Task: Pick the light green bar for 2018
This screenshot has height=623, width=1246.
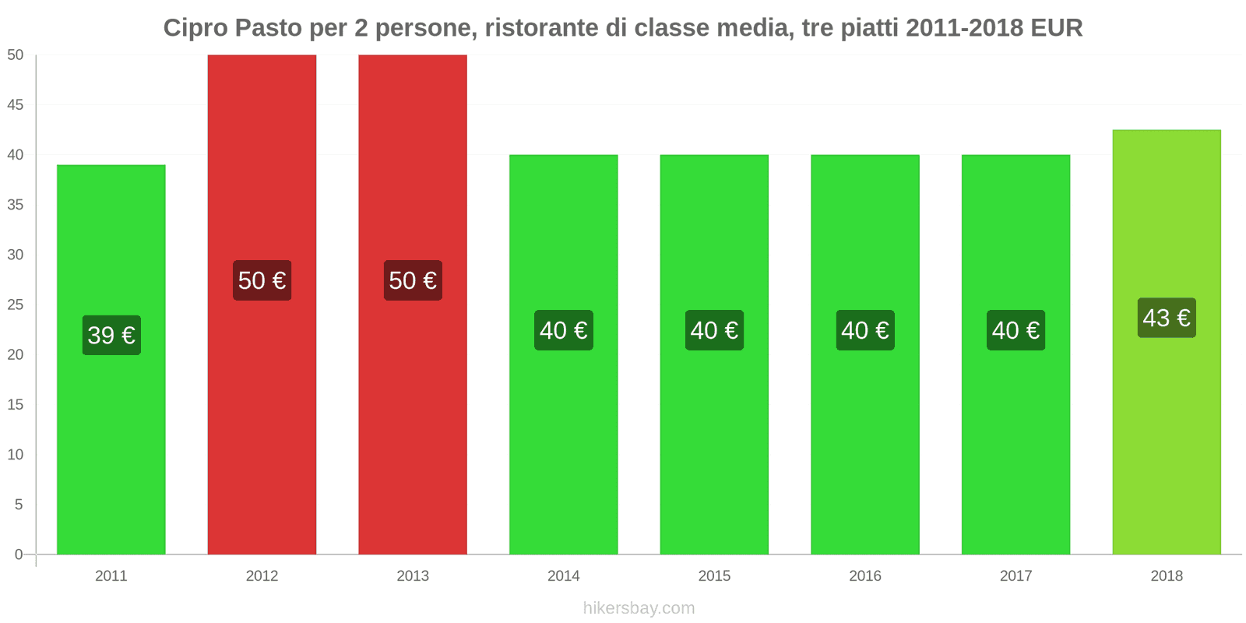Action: coord(1167,436)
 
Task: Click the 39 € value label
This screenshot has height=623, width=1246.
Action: coord(111,335)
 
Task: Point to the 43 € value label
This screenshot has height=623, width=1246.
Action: coord(1167,318)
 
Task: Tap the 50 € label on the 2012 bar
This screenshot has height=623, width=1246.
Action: coord(262,280)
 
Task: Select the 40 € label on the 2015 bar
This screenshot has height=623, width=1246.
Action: coord(714,330)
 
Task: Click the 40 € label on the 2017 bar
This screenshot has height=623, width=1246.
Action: coord(1015,330)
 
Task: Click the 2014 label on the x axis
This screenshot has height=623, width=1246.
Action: coord(563,576)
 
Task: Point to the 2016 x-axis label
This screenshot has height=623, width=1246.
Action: coord(865,576)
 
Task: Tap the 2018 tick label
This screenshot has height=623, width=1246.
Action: coord(1167,576)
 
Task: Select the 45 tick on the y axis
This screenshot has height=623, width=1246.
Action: coord(16,105)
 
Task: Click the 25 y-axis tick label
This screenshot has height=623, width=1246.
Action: coord(16,304)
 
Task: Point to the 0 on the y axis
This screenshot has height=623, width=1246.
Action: coord(19,554)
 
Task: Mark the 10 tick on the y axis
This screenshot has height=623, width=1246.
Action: coord(16,455)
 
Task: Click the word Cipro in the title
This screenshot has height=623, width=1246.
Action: coord(195,28)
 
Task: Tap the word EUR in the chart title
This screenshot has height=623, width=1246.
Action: coord(1056,28)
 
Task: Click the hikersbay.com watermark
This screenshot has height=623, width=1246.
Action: coord(639,608)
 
